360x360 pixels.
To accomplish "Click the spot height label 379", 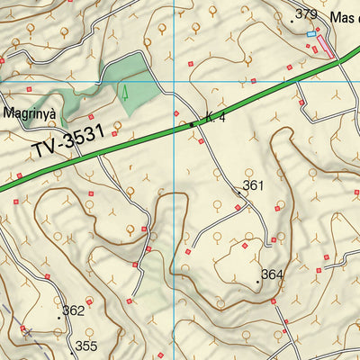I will [x=307, y=13].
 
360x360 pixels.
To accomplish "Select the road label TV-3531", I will [x=67, y=144].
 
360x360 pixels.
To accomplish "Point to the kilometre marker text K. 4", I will [x=215, y=117].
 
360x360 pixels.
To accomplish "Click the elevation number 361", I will [x=253, y=186].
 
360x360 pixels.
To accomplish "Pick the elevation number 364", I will [x=273, y=274].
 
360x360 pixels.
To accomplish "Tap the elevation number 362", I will [x=74, y=310].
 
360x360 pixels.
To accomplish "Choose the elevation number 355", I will [x=85, y=346].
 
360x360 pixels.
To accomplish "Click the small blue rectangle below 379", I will [x=311, y=34].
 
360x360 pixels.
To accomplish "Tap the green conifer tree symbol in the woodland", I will [x=125, y=91].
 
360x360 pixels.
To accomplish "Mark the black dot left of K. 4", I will [x=192, y=124].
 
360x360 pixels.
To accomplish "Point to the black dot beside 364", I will [x=258, y=282].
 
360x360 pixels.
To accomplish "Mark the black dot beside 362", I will [x=60, y=317].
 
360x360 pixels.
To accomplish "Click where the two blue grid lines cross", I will [x=174, y=83].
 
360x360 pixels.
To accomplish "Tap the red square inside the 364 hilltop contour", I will [x=245, y=244].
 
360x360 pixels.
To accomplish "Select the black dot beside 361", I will [x=238, y=192].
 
